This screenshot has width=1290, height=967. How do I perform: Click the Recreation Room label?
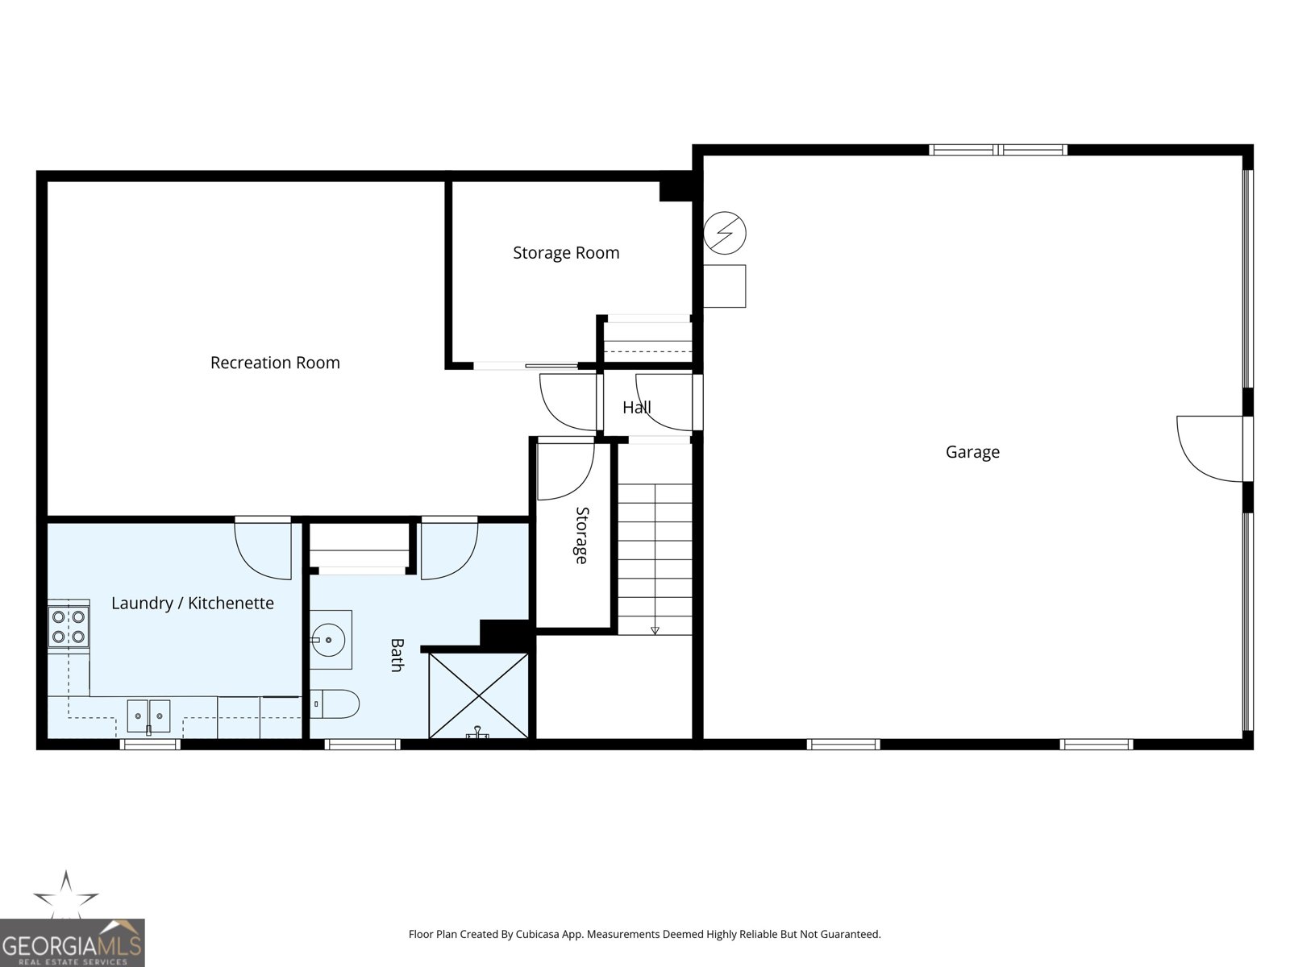[275, 363]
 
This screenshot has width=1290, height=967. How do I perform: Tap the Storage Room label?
[566, 253]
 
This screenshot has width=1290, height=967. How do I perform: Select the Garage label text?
[972, 453]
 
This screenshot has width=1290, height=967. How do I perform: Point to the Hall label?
[636, 407]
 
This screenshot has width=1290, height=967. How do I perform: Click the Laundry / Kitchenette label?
[193, 604]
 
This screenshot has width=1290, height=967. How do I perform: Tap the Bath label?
[397, 655]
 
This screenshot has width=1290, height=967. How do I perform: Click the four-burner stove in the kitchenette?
[69, 626]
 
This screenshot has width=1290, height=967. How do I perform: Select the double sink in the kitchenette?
[148, 716]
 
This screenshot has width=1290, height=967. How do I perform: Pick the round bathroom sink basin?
[328, 639]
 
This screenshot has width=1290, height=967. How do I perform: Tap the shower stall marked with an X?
[478, 695]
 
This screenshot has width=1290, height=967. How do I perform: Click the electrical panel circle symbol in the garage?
[725, 233]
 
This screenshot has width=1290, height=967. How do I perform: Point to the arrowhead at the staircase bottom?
[655, 631]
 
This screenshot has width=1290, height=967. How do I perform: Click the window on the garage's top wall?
[998, 150]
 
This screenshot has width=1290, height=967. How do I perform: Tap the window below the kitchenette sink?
[150, 744]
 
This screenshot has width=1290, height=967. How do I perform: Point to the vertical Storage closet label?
[580, 535]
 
